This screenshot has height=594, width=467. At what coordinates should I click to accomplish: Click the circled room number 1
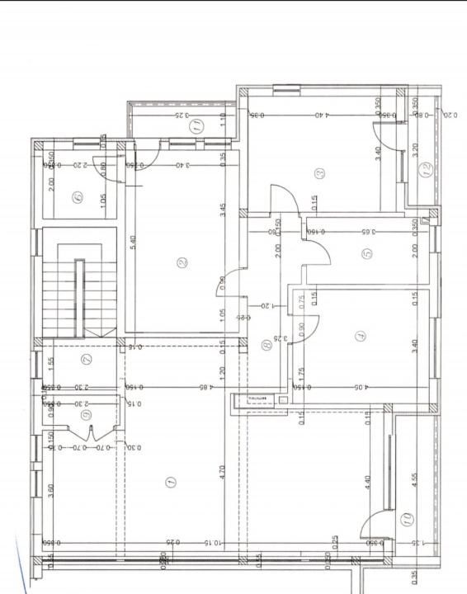point(171,481)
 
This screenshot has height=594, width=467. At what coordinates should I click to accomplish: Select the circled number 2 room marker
point(182,263)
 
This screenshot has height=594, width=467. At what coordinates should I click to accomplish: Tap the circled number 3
point(319,173)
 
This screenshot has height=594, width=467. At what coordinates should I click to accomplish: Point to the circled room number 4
point(359,336)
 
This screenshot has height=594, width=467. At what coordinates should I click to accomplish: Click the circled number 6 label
point(78,197)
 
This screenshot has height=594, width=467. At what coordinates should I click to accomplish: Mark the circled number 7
point(87,359)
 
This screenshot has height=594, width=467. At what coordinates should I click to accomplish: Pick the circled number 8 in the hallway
point(266,346)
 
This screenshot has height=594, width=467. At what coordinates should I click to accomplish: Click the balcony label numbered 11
point(196,126)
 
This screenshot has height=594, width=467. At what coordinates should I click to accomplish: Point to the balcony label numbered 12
point(426,171)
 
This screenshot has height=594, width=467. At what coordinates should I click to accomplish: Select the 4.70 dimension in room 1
point(222,472)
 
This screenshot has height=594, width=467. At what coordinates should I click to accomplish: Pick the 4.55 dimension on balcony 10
point(413,478)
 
